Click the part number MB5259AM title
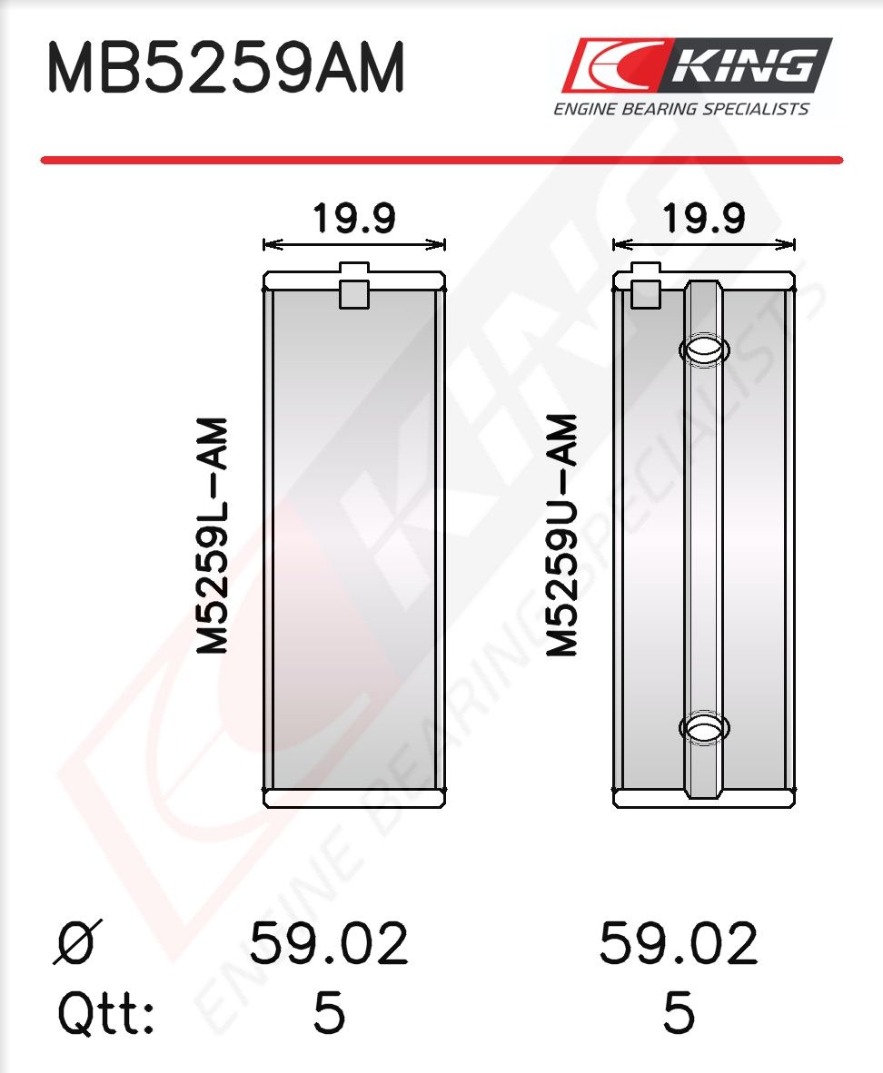click(225, 68)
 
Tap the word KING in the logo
click(743, 66)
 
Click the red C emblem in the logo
click(613, 65)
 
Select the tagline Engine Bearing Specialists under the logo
click(681, 109)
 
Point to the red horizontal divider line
click(441, 160)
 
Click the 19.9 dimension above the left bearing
click(354, 218)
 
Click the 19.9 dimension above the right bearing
click(703, 218)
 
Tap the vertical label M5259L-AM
click(213, 535)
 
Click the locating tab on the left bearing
click(354, 285)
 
